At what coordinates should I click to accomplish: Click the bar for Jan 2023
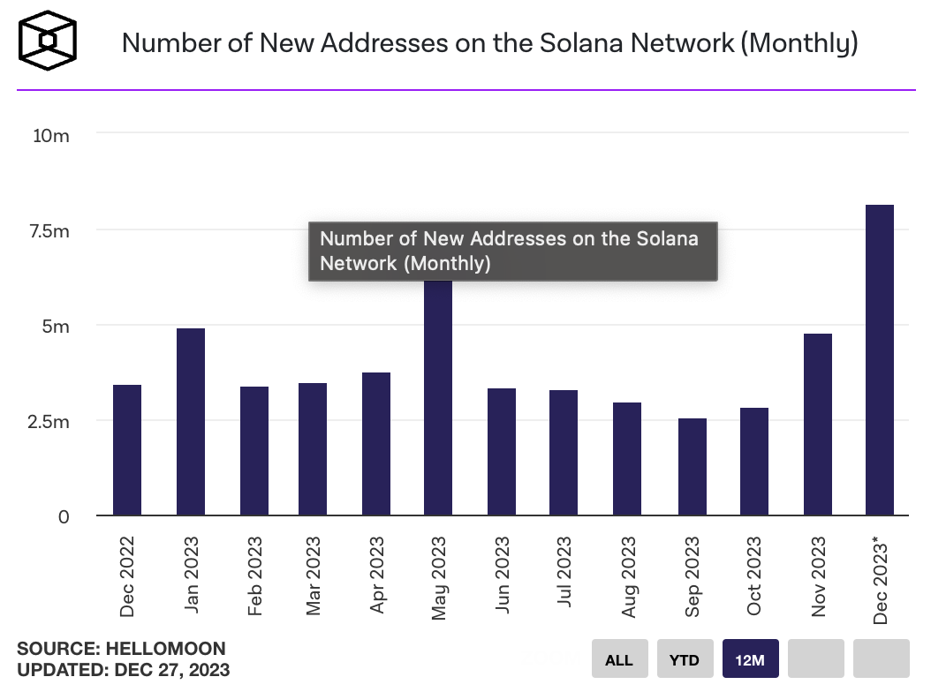click(x=191, y=422)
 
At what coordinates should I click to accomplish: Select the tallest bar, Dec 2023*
click(x=880, y=360)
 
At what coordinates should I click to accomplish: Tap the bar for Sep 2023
click(x=693, y=467)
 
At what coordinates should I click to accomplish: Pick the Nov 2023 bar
click(x=818, y=425)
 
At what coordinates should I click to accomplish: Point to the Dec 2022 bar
click(x=127, y=450)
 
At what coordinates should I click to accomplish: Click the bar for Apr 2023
click(x=376, y=444)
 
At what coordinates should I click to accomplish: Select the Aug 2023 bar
click(x=627, y=459)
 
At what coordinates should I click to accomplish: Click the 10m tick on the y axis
click(x=51, y=136)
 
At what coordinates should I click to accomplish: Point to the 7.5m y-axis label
click(x=48, y=231)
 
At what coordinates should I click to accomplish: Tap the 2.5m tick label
click(x=48, y=421)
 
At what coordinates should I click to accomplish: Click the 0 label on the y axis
click(x=63, y=516)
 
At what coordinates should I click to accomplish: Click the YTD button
click(x=685, y=659)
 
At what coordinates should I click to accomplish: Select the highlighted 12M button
click(x=750, y=659)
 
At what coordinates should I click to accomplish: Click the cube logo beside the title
click(x=49, y=41)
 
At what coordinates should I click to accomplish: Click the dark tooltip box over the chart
click(x=512, y=252)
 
